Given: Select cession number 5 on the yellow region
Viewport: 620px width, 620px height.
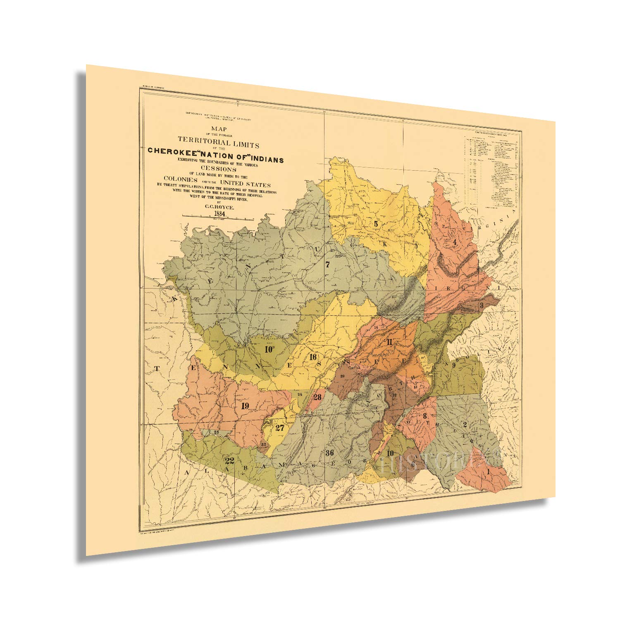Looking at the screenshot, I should point(376,224).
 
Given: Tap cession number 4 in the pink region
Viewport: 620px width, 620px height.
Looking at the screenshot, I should point(454,242).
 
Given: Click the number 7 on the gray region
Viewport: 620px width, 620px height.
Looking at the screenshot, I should point(327,265).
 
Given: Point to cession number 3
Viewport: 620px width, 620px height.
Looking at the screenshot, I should point(482,305).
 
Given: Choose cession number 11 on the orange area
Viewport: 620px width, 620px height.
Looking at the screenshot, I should point(389,341).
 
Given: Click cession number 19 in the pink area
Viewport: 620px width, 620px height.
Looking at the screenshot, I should point(245,405).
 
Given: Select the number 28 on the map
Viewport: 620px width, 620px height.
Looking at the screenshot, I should point(317,397).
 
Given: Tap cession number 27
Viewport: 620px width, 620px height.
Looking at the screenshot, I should point(280,427).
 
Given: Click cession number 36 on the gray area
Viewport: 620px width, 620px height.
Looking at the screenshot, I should point(329,452).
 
